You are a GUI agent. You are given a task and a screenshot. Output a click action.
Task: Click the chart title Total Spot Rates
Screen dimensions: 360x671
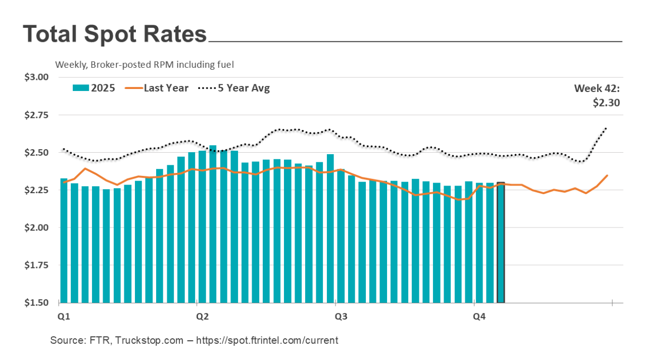coord(115,34)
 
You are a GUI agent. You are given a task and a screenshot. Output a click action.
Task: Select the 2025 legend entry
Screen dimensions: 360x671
coord(94,88)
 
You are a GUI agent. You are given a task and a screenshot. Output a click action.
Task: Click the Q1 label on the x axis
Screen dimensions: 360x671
coord(63,317)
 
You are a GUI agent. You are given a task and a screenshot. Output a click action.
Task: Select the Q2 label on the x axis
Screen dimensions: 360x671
coord(202,317)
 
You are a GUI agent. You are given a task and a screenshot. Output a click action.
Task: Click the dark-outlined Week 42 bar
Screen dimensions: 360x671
coord(501,243)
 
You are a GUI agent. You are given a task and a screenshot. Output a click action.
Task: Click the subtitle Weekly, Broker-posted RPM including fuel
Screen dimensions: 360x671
coord(145,65)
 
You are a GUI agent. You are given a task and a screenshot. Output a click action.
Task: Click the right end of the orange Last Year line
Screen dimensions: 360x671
coord(607,175)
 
